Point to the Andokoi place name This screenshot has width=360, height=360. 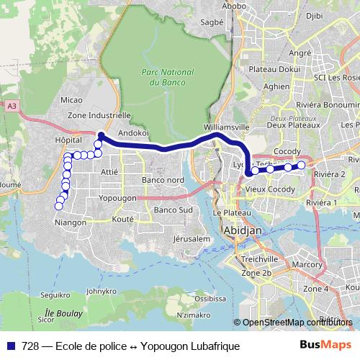click(132, 133)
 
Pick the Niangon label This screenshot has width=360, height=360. click(71, 223)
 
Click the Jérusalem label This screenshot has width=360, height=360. click(191, 238)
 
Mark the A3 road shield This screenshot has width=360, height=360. click(12, 106)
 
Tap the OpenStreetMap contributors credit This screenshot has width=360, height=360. click(296, 323)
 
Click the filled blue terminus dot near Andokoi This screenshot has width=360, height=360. click(102, 135)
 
